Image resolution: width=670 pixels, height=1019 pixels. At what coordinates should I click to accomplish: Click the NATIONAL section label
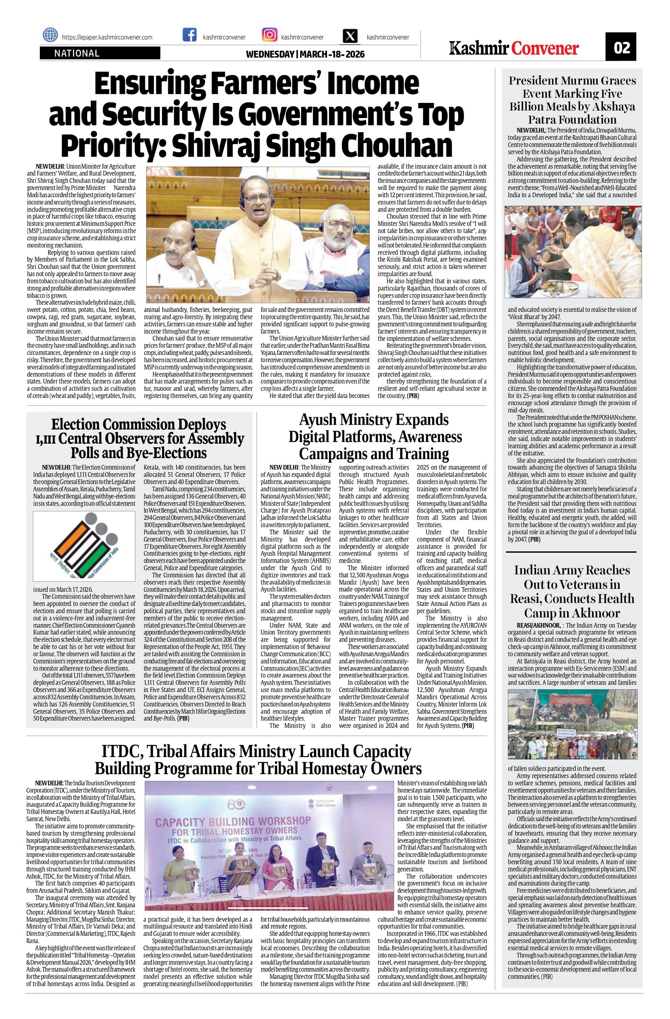click(x=77, y=54)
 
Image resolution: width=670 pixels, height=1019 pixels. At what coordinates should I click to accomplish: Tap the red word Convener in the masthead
click(x=545, y=49)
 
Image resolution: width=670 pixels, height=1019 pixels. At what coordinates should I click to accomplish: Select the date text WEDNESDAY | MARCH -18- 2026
click(x=305, y=54)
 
